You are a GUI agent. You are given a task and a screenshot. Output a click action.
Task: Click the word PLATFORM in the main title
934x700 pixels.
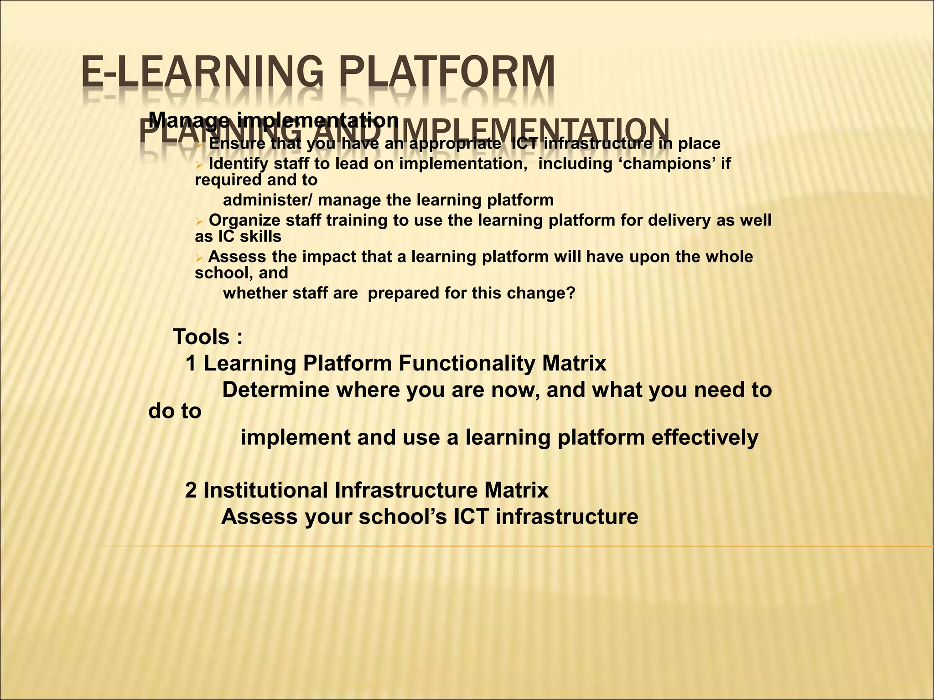tap(447, 72)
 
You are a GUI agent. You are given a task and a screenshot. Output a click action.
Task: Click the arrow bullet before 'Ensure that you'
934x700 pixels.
tap(199, 144)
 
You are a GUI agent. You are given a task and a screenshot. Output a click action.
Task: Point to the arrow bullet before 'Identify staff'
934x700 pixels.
tap(199, 165)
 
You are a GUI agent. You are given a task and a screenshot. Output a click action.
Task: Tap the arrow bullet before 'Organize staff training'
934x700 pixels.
tap(199, 221)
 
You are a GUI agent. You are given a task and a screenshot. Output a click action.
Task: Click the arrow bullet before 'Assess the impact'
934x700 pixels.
tap(199, 258)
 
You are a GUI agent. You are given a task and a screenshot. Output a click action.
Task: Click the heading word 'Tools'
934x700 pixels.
tap(202, 337)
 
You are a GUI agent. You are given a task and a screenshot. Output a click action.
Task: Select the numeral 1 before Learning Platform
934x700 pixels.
tap(191, 364)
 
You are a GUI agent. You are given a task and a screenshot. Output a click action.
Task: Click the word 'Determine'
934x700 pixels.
tap(275, 390)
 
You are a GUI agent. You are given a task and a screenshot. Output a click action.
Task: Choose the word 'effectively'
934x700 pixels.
tap(705, 437)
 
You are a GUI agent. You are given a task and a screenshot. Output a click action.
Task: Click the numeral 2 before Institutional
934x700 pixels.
tap(191, 490)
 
